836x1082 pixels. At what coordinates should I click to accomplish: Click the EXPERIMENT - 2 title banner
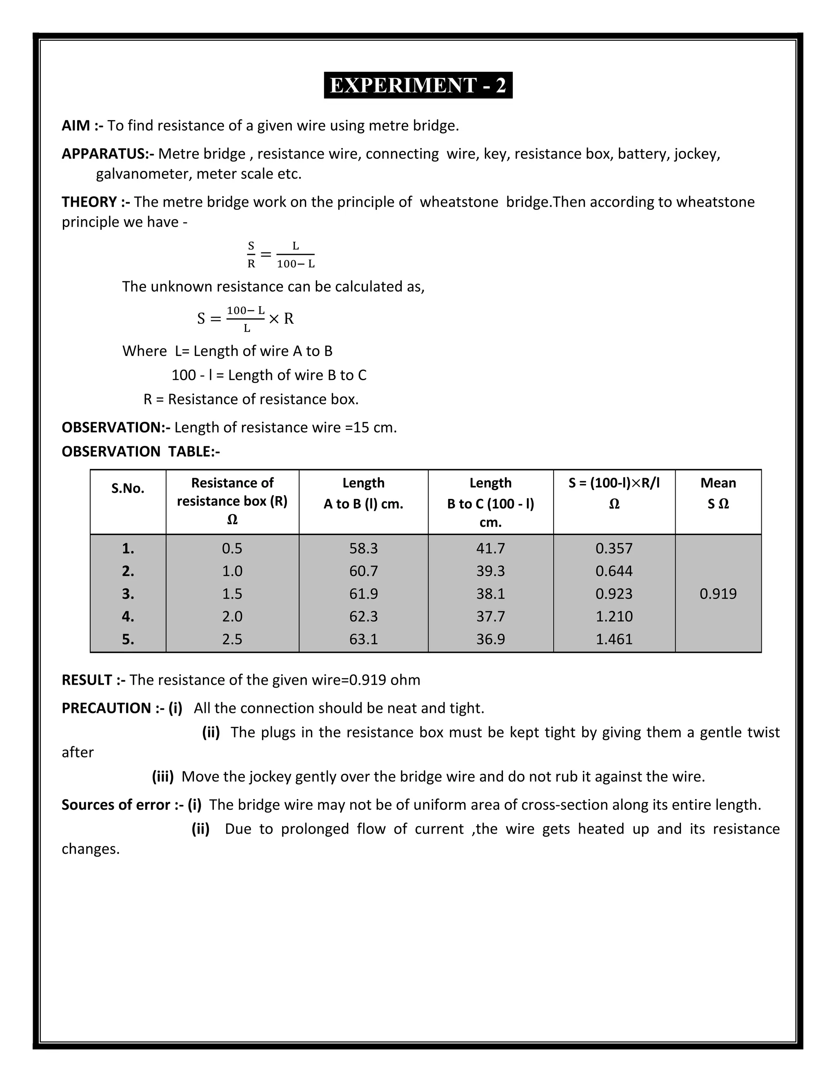(x=418, y=85)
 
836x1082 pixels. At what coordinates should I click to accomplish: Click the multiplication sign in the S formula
(x=274, y=318)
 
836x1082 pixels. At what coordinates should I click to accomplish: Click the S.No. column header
(x=128, y=488)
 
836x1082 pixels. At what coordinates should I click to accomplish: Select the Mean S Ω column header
(x=718, y=494)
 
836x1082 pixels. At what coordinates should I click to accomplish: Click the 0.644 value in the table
(x=614, y=571)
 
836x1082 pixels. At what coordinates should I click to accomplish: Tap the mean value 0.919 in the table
(x=718, y=594)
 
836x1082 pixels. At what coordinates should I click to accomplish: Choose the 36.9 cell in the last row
(x=490, y=639)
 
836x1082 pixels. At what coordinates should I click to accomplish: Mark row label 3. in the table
(x=128, y=594)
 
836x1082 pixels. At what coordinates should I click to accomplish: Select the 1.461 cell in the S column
(x=614, y=639)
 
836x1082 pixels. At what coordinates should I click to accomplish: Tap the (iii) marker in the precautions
(x=162, y=776)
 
